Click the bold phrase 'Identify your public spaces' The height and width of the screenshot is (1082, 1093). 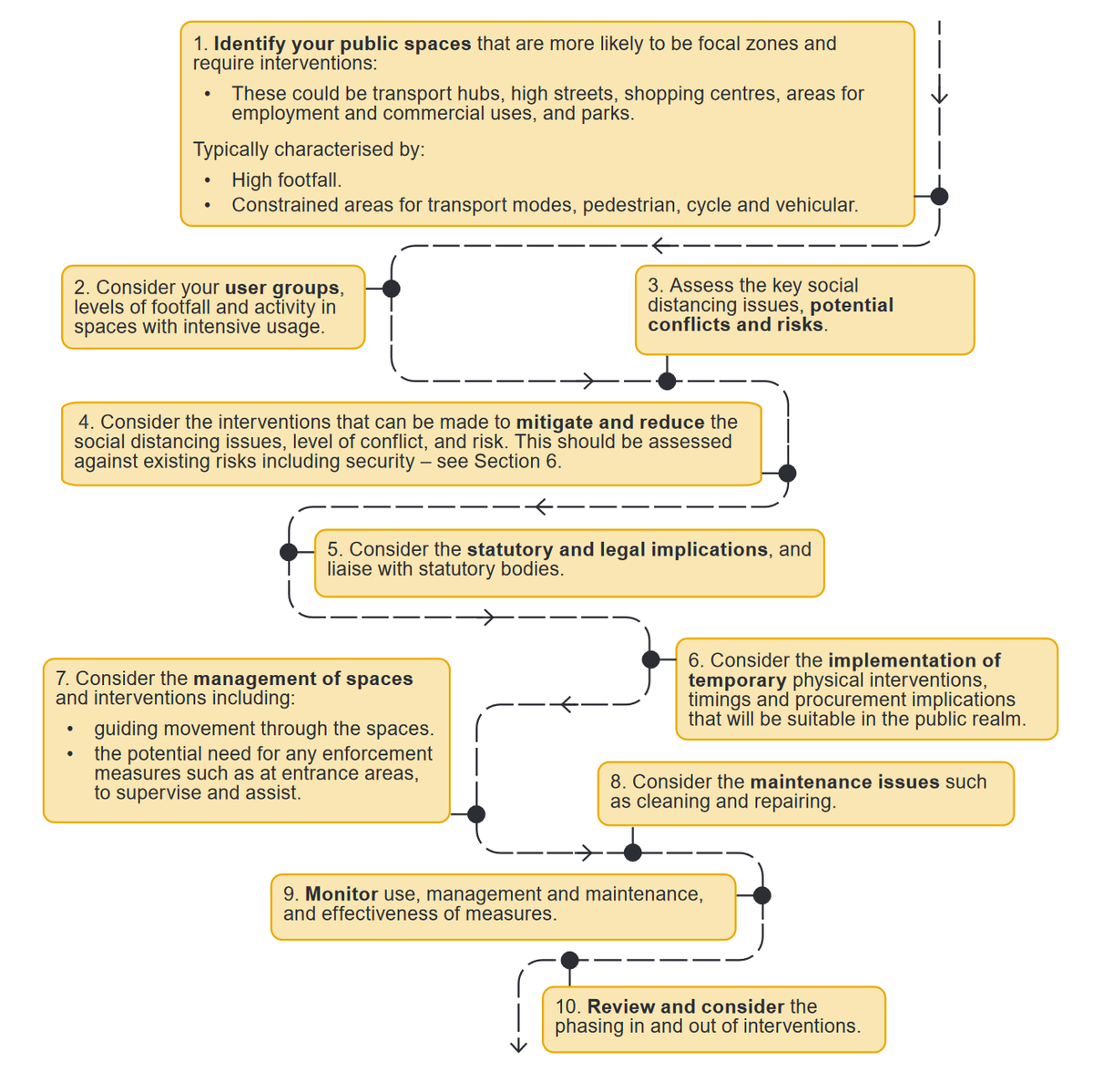342,44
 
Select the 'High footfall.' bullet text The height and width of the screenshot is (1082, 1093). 286,180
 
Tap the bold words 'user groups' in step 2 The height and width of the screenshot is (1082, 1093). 281,288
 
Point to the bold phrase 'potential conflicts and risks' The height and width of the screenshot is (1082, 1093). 770,315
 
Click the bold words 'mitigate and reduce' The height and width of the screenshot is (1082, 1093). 610,423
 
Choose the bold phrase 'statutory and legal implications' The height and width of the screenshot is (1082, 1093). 617,550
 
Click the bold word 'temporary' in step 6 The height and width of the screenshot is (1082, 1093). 737,680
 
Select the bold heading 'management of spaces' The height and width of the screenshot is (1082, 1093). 302,679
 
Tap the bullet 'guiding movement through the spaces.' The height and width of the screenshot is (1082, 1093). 263,729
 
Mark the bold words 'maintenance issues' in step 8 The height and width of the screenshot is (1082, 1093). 844,782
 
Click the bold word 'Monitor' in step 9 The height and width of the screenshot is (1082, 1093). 342,894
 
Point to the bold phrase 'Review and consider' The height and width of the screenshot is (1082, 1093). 685,1006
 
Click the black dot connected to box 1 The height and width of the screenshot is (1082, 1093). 939,196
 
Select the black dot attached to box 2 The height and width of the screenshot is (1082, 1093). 391,289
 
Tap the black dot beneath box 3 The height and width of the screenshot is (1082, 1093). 667,381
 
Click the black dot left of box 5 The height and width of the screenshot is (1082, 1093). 289,552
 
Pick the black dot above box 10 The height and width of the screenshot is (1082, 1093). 569,960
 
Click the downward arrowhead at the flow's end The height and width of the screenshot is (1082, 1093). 518,1046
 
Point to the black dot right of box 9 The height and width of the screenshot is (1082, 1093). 762,895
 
